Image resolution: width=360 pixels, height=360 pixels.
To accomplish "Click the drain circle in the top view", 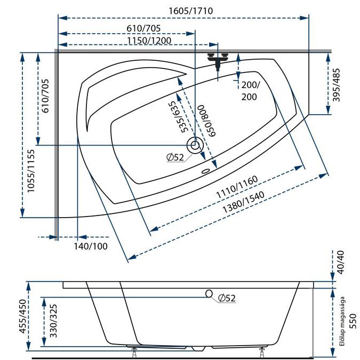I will point(195,145).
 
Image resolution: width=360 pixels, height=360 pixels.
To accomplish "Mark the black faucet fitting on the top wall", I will point(218,60).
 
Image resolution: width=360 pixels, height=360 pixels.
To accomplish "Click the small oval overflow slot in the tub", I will point(205,172).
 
